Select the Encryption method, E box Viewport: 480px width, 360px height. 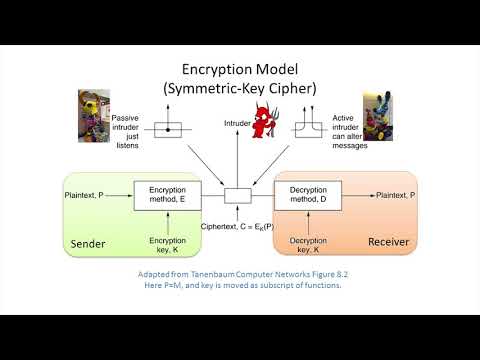click(x=167, y=194)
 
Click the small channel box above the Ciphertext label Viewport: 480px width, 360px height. click(x=238, y=194)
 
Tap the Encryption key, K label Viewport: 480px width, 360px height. click(x=167, y=245)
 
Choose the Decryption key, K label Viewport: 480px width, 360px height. click(x=309, y=245)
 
